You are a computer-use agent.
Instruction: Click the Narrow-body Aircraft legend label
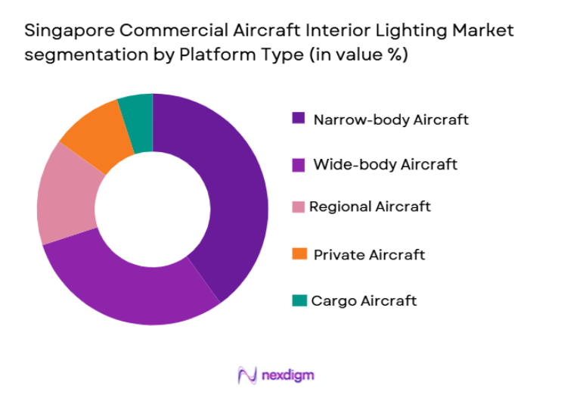pos(390,120)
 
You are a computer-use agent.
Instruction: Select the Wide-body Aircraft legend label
pos(385,163)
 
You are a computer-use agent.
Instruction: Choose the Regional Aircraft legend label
pos(370,207)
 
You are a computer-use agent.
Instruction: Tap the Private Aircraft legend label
pos(369,254)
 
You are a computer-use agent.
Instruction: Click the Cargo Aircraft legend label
pos(364,300)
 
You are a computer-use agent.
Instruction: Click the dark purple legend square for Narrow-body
pos(299,119)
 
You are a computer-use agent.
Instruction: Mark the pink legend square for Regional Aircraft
pos(299,207)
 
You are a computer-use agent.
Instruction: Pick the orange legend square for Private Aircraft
pos(299,253)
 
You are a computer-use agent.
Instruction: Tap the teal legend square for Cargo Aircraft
pos(299,300)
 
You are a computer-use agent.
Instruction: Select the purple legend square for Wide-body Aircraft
pos(299,163)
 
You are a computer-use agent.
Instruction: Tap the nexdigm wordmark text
pos(288,374)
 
